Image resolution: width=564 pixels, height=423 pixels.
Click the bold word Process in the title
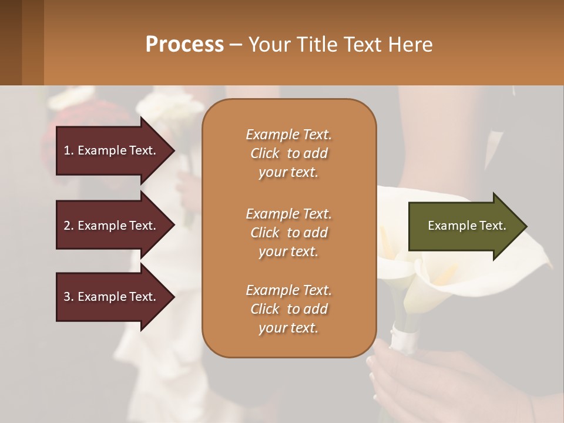184,45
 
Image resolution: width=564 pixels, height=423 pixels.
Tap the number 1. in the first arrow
69,150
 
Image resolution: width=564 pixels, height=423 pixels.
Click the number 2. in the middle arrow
69,226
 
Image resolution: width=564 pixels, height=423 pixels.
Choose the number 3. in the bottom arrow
69,297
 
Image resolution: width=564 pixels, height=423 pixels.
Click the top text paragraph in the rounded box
288,153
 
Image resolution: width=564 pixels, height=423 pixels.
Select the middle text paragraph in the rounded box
288,233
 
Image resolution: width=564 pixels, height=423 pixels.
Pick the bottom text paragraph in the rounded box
288,309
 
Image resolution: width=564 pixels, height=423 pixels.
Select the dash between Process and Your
236,45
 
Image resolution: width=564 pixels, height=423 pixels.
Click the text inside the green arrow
466,226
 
